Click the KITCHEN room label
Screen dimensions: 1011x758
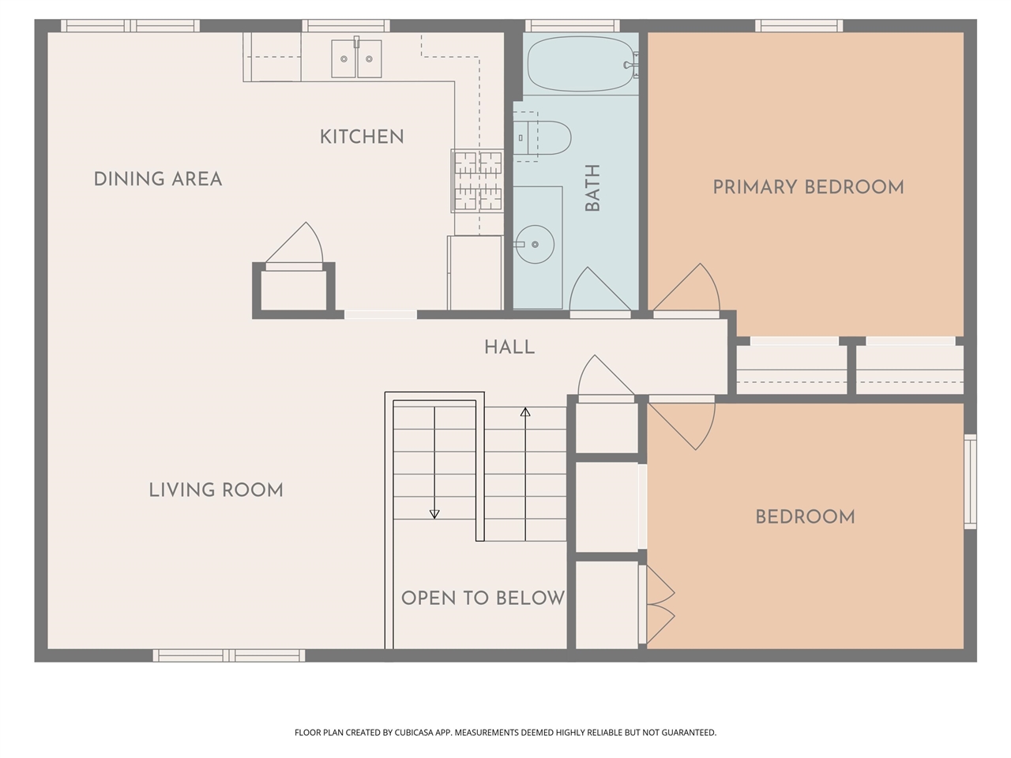point(362,137)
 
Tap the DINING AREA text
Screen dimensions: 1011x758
point(158,179)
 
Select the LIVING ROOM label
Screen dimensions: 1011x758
point(216,490)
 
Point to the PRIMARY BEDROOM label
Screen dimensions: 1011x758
point(808,187)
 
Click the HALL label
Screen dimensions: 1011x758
point(509,347)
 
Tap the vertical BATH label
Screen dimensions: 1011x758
point(592,188)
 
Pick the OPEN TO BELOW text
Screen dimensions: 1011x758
point(483,599)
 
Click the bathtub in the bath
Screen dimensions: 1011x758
point(581,64)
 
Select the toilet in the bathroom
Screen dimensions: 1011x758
point(543,137)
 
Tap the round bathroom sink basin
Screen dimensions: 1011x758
point(535,245)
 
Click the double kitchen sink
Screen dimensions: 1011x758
point(356,58)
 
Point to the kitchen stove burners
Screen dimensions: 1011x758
point(478,181)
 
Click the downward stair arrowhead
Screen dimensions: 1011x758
point(434,514)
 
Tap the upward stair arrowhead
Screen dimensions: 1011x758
point(525,412)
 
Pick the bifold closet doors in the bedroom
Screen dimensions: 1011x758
point(660,604)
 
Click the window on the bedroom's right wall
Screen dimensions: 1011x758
point(970,482)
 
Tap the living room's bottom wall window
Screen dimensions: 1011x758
point(229,655)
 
